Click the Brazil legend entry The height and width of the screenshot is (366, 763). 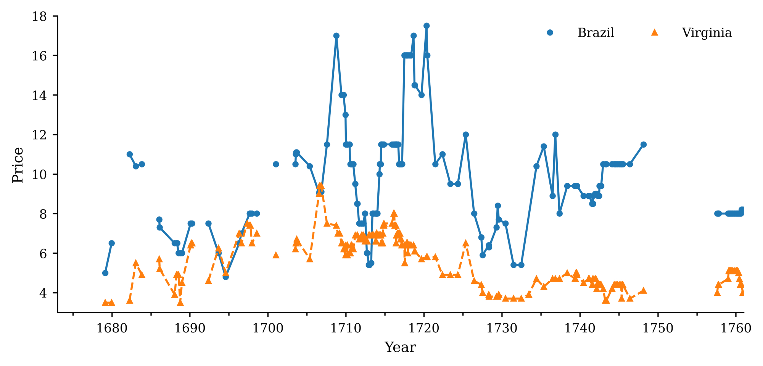[596, 33]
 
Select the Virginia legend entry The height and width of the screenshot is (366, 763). [707, 33]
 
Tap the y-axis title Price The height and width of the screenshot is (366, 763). [18, 165]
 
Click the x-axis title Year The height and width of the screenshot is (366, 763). [400, 347]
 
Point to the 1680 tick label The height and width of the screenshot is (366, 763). [112, 328]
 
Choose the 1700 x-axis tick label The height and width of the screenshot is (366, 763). [268, 328]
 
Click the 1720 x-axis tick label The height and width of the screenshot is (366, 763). [424, 328]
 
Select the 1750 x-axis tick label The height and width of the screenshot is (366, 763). [658, 328]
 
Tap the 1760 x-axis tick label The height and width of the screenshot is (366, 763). [736, 328]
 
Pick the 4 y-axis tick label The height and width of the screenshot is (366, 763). [43, 293]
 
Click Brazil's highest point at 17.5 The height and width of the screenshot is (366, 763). [427, 26]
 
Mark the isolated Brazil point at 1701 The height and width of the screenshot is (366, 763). [276, 164]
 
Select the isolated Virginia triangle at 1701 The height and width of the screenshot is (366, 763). [276, 255]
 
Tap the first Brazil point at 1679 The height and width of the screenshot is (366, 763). [105, 273]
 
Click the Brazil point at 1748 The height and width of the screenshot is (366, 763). [644, 144]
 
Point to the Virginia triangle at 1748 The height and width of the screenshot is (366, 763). [644, 290]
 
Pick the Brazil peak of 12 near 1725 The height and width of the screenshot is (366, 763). [466, 135]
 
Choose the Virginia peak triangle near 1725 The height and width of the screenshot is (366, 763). [466, 243]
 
